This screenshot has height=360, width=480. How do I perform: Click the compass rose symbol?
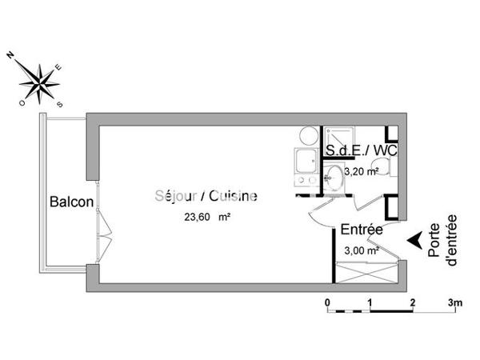coord(39,79)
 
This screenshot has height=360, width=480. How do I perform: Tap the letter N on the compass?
coord(12,54)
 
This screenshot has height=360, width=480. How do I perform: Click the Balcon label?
coord(71,202)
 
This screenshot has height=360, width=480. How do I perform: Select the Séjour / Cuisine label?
coord(206,194)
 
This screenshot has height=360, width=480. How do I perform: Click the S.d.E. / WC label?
coord(361,150)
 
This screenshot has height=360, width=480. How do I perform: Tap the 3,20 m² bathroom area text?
coord(360,170)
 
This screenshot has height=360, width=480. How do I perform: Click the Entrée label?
coord(362,230)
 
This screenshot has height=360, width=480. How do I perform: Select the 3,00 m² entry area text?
coord(360,250)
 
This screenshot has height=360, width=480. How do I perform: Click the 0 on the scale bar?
coord(327,302)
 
